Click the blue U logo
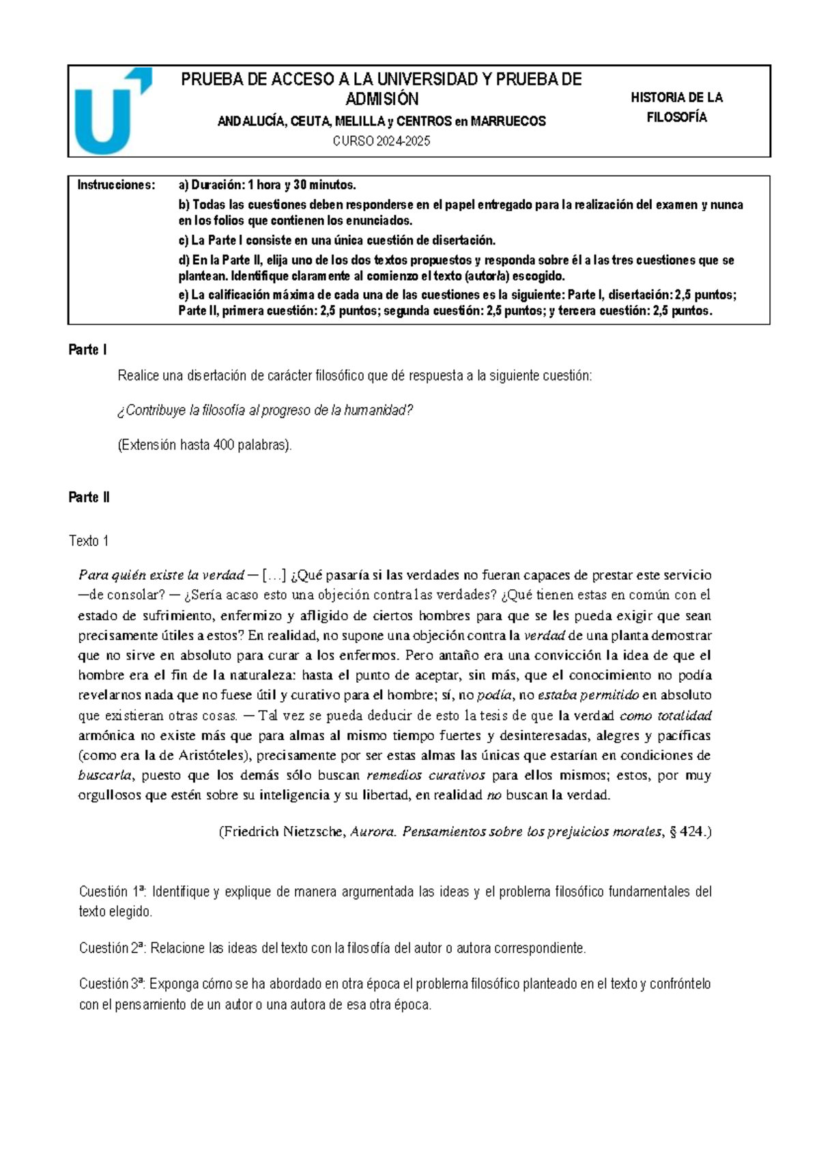109,111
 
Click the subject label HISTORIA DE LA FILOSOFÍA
676,107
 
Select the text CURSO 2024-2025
382,141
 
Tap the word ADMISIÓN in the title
382,100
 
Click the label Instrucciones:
116,185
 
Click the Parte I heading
87,350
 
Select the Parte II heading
89,497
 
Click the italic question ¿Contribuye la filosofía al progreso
265,410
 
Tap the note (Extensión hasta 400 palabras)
205,445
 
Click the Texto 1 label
89,541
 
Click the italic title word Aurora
373,832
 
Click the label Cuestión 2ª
112,948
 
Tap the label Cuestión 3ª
112,984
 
